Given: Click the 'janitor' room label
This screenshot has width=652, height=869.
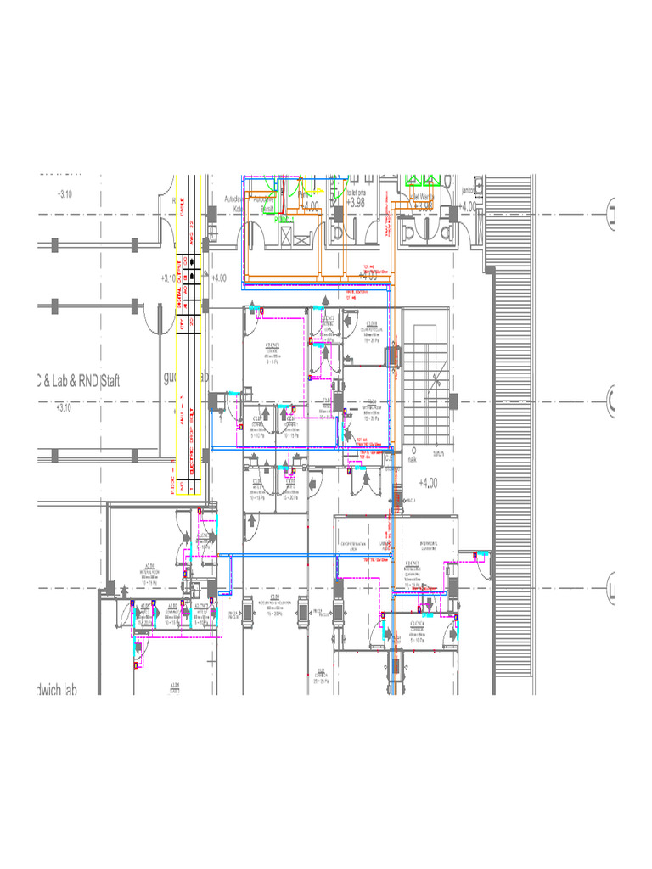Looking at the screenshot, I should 468,191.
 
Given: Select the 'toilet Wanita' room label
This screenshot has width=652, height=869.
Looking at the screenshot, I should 421,195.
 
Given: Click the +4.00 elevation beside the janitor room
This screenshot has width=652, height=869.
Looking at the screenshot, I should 467,206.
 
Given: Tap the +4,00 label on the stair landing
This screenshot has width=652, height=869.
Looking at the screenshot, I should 428,483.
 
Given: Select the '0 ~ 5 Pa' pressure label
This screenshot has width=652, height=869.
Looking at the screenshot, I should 273,361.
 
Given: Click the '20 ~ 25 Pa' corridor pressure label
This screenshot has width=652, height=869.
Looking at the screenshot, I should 321,681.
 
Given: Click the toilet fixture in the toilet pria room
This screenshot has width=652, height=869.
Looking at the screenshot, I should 339,231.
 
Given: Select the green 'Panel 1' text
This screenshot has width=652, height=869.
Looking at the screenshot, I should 281,218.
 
